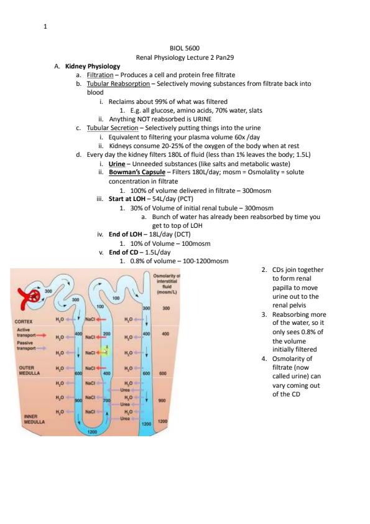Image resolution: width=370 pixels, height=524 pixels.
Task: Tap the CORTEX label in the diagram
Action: click(24, 322)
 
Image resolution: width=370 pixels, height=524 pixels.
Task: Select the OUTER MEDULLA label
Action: click(29, 370)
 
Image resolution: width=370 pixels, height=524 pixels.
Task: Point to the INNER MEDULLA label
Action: click(34, 419)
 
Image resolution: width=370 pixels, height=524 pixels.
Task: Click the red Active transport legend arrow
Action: click(41, 335)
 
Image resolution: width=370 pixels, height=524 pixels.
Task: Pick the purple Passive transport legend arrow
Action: click(41, 348)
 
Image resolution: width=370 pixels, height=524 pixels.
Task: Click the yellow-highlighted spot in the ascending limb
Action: click(105, 351)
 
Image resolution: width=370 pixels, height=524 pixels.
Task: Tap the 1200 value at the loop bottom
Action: click(92, 432)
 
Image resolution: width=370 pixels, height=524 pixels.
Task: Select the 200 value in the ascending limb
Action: click(106, 334)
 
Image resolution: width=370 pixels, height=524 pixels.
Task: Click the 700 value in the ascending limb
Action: click(106, 400)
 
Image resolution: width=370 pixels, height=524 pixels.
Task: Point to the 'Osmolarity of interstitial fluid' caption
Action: click(167, 284)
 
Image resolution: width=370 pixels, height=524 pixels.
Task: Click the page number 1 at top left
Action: click(45, 26)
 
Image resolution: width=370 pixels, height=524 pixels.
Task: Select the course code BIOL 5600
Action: click(185, 48)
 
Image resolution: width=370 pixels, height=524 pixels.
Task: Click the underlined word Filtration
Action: click(100, 75)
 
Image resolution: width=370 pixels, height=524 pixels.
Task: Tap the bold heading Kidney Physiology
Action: click(93, 66)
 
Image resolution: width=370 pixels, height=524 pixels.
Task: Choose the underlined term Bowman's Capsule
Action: click(137, 172)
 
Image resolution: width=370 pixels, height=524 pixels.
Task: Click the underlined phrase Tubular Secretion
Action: click(113, 128)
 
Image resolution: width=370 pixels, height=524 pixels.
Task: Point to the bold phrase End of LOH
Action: click(125, 234)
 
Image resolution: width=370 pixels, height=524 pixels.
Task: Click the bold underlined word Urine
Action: click(117, 164)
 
